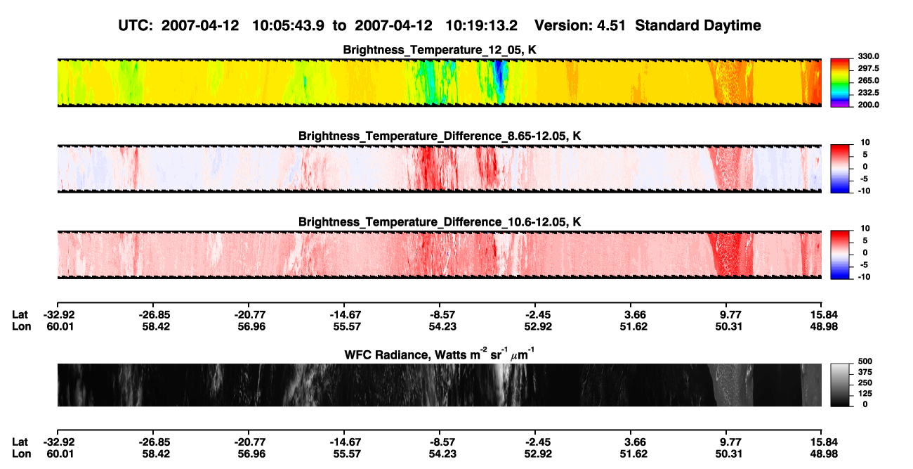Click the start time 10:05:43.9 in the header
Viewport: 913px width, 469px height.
(288, 26)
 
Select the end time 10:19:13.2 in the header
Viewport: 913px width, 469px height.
(481, 26)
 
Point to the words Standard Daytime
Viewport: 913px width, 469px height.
(698, 26)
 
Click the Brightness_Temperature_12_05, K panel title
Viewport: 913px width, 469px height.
(440, 50)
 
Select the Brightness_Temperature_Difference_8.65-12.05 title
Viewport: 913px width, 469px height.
(440, 136)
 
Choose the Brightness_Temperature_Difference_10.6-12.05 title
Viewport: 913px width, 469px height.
(440, 222)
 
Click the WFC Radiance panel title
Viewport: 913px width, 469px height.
(440, 354)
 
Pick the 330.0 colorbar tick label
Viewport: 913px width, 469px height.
(868, 56)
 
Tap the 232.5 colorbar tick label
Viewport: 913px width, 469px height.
(868, 93)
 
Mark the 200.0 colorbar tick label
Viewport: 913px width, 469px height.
(868, 105)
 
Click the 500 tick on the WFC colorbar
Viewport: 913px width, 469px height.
(865, 361)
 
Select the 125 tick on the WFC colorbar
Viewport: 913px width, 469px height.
(865, 394)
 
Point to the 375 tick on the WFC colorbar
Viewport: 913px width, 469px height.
(865, 372)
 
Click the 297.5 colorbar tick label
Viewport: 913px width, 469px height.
(868, 69)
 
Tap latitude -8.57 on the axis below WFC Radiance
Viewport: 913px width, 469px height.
(442, 442)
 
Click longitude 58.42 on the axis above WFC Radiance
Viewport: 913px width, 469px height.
(156, 327)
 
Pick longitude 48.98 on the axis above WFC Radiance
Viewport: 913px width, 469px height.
(824, 327)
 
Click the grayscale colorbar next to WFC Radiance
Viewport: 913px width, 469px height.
(840, 385)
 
